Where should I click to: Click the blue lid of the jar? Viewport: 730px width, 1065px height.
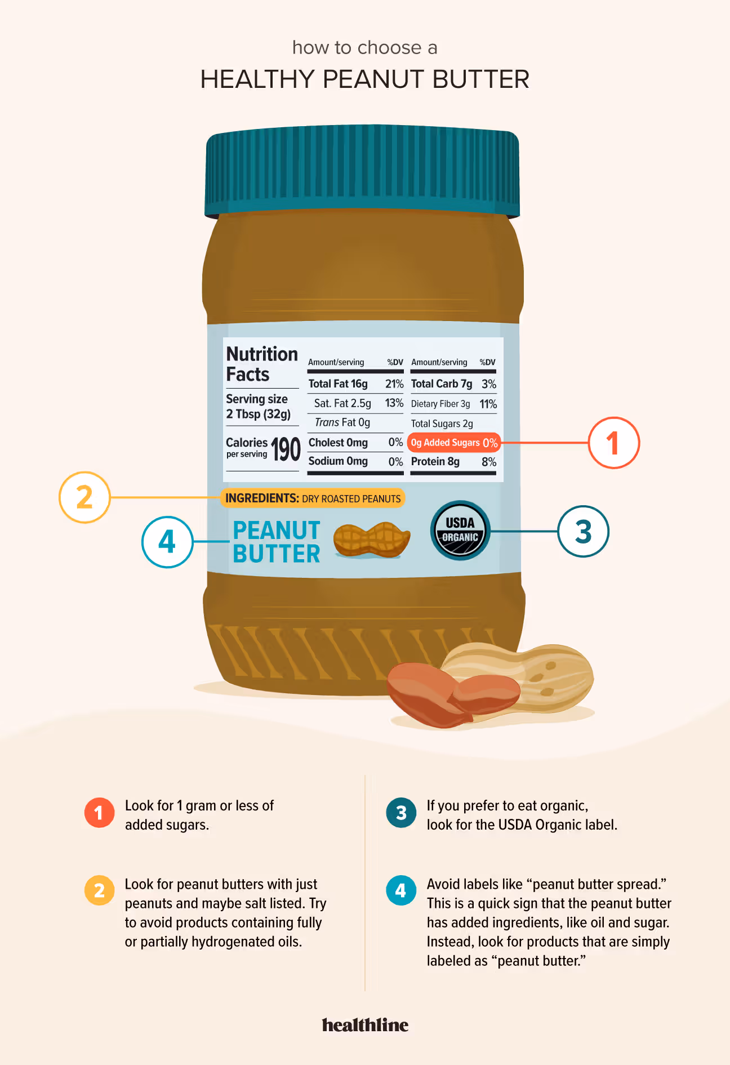coord(362,172)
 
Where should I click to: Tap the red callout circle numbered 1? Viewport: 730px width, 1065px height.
coord(613,443)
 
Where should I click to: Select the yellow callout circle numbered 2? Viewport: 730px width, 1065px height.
coord(84,497)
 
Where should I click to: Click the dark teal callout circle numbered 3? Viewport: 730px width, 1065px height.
coord(583,531)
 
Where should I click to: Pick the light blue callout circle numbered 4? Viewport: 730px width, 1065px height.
coord(167,542)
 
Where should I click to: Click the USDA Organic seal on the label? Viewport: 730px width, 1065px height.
coord(460,530)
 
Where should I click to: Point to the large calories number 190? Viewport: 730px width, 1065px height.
coord(286,449)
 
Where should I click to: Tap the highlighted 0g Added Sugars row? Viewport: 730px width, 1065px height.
coord(453,443)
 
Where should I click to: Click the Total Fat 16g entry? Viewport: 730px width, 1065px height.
coord(338,384)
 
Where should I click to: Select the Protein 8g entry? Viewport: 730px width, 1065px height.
coord(435,462)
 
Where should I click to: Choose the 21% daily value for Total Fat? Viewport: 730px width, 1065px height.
coord(394,384)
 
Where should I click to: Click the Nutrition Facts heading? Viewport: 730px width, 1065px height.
coord(261,364)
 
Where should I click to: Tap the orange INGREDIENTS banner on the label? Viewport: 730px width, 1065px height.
coord(313,498)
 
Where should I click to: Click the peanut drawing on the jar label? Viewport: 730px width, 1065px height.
coord(371,540)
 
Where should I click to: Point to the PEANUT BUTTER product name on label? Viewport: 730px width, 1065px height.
coord(277,542)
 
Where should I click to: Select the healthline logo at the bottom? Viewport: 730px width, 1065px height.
coord(365,1025)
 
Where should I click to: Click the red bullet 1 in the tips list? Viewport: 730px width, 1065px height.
coord(99,813)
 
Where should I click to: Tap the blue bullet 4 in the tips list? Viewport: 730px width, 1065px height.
coord(401,890)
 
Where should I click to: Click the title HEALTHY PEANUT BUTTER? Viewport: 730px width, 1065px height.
coord(365,79)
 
